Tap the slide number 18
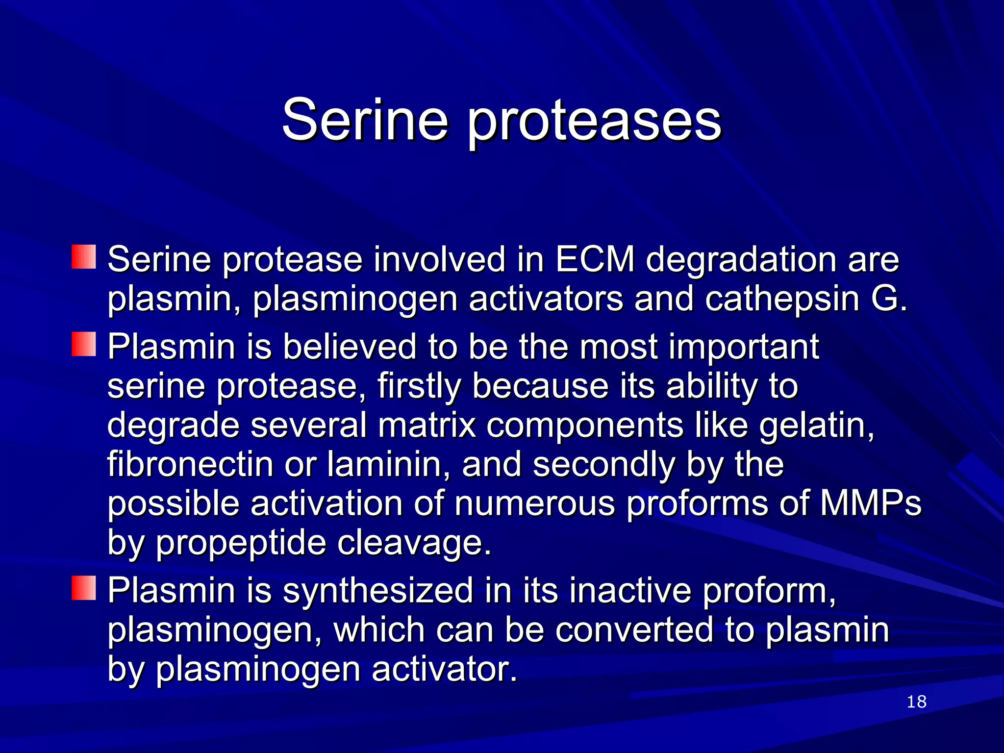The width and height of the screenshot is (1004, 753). pos(916,702)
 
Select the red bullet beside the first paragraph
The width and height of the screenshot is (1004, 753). pos(84,257)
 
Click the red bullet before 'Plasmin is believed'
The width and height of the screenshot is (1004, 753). pos(84,345)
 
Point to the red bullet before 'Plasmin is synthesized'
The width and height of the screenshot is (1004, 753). pos(84,588)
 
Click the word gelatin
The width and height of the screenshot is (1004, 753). pos(816,426)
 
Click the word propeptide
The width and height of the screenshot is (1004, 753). pos(241,543)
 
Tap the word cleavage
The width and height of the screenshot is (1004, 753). pos(414,543)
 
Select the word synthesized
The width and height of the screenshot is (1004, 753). pos(377,590)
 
